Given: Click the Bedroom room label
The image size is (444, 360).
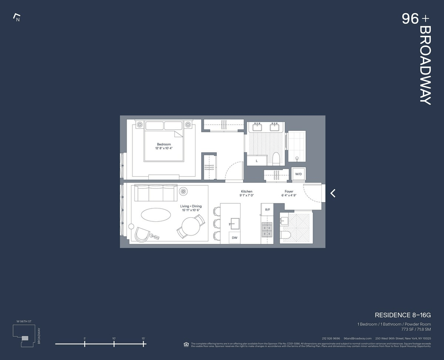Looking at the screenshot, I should pos(164,145).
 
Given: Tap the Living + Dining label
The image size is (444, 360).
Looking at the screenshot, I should pos(191,206).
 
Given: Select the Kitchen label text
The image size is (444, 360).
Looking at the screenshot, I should pos(246,191).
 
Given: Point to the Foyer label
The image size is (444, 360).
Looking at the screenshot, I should pos(289,191).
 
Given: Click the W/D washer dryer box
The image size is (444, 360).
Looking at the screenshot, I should pos(298,174).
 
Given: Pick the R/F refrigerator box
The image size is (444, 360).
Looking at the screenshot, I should pos(268,210).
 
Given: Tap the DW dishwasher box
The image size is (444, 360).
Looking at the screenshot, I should pos(235,238).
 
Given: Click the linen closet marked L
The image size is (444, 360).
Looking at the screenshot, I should pos(257,161).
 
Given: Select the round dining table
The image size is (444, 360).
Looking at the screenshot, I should pos(191,226).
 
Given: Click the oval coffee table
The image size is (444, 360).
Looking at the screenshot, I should pos(156,215).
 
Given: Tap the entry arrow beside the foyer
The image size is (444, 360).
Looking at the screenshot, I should pos(333,193).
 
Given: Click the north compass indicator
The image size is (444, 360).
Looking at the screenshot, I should pos(17,17).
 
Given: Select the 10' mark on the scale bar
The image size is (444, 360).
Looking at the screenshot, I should pos(114,343).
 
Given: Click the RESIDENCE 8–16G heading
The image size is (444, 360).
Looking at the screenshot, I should pos(403,315).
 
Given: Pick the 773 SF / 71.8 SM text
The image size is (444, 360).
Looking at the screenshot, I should pos(416,329).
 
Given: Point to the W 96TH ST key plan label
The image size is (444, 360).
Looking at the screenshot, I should pos(24,321).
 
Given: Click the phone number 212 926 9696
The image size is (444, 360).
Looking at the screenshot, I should pos(331,338).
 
